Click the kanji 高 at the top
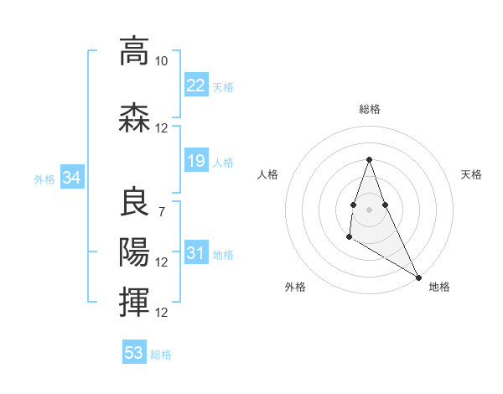click(x=134, y=52)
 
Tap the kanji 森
click(x=134, y=117)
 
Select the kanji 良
click(x=134, y=203)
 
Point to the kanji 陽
click(x=134, y=251)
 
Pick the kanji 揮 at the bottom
click(x=134, y=300)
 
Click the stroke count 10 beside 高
click(x=161, y=62)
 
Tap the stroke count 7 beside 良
click(x=161, y=211)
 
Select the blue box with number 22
click(x=196, y=86)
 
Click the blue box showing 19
click(x=196, y=161)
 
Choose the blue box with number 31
click(x=196, y=253)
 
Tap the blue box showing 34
click(x=71, y=178)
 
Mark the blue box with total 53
click(x=134, y=353)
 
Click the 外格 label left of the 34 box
click(x=44, y=179)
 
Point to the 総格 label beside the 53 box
click(x=162, y=355)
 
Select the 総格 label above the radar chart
click(x=369, y=109)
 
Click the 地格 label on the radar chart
click(x=439, y=287)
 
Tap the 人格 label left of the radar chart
click(x=268, y=174)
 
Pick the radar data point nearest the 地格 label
click(x=419, y=277)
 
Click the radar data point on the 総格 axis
click(x=369, y=159)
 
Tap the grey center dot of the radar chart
click(x=369, y=209)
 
